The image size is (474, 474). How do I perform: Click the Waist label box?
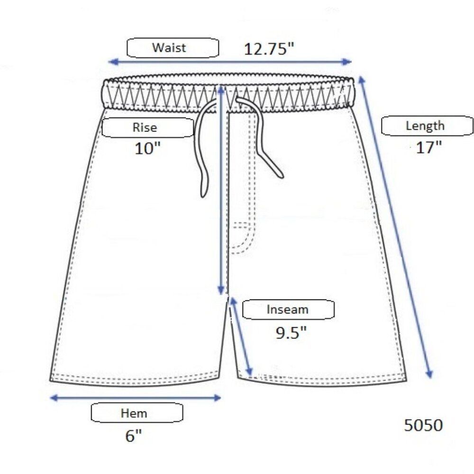coord(173,48)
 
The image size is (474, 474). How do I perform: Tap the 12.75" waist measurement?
coord(269,49)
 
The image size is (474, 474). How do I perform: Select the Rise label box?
coord(148,128)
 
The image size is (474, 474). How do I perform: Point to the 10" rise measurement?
coord(147,149)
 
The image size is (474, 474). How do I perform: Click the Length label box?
coord(427,126)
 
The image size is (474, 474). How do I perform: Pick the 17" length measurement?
coord(429,147)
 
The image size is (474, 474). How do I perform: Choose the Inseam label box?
coord(288,310)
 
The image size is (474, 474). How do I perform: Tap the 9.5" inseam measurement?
coord(291,333)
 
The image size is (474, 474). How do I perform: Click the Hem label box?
coord(137,413)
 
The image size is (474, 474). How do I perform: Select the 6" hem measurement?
coord(134,436)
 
